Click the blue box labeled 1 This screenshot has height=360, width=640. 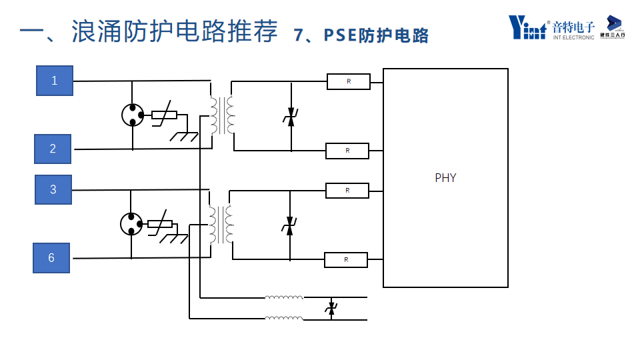point(55,81)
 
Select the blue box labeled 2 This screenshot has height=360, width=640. point(53,149)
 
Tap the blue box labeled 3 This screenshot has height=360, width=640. point(53,189)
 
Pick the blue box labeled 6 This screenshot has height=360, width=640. point(51,257)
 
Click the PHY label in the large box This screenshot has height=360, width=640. point(445,178)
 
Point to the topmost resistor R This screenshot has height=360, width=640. point(348,81)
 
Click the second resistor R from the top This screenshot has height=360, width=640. point(347,151)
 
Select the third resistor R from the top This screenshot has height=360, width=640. point(347,191)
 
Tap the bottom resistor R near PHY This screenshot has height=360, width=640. point(346,259)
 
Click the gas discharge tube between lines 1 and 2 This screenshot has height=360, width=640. point(133,115)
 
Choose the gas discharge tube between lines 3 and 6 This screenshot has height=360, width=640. point(131,223)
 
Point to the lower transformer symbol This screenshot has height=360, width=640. point(221,224)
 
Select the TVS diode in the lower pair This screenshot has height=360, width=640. point(289,225)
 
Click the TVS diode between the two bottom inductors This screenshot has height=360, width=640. point(331,308)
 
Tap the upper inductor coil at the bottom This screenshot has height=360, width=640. point(284,297)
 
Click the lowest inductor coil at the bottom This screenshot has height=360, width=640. point(284,318)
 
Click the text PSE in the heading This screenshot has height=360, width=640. point(341,35)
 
